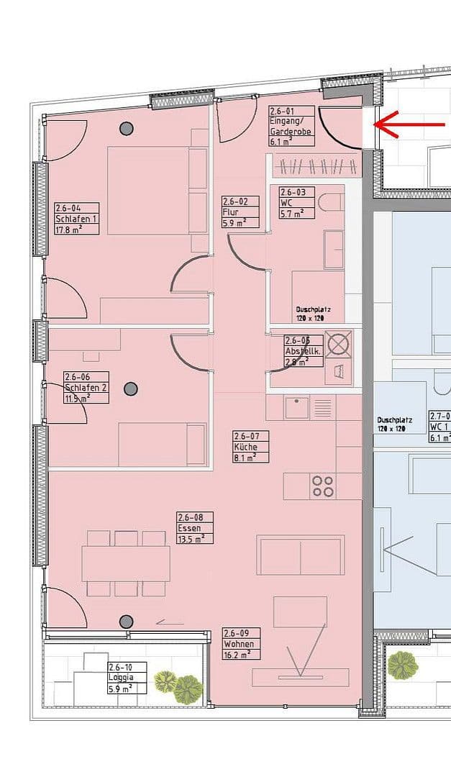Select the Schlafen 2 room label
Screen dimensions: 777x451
[86, 387]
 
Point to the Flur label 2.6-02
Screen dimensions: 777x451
[240, 212]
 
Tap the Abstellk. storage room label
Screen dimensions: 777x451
[302, 351]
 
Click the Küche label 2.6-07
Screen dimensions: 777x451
[250, 446]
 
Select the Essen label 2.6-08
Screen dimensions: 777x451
[195, 527]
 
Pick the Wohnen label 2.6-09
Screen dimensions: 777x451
[241, 643]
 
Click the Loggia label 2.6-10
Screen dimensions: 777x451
[126, 678]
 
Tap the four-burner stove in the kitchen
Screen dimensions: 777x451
[323, 486]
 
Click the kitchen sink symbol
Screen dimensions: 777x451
[296, 408]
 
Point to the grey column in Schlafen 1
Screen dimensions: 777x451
[127, 129]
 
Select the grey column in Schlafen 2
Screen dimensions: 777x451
[130, 389]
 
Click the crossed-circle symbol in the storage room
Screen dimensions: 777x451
[338, 343]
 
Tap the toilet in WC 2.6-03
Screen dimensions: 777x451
[332, 202]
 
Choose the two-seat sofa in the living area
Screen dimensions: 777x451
[300, 556]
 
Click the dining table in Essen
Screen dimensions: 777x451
[126, 563]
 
